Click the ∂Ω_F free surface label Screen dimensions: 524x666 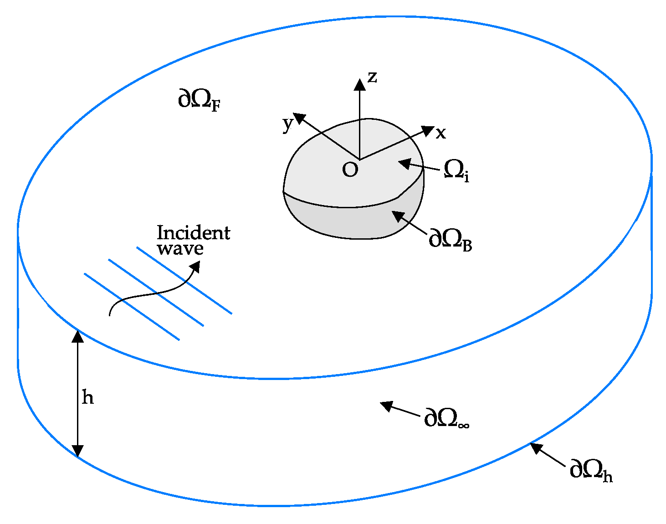point(199,99)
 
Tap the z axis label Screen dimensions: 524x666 point(372,77)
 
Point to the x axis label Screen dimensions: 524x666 point(441,134)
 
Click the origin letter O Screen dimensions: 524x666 point(350,170)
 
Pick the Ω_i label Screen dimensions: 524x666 point(456,170)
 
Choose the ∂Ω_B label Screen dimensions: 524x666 point(450,239)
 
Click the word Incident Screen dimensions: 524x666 point(194,233)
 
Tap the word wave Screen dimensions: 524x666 point(180,249)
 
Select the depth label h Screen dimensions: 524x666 point(87,397)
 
